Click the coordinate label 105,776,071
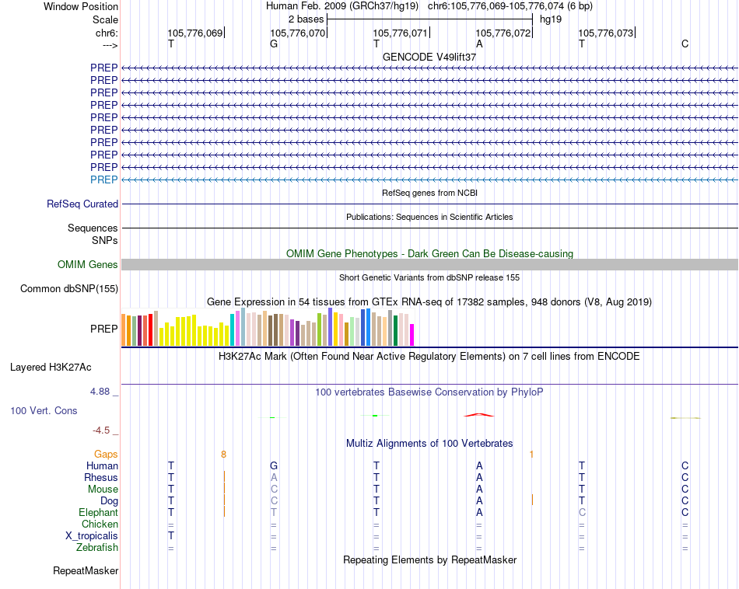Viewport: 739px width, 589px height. pos(401,33)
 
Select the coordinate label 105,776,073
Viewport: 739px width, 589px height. pos(606,33)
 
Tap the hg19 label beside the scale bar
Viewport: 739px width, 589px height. pos(551,19)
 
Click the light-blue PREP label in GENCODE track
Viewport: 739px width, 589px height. pos(104,179)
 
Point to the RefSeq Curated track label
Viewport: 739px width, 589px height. pos(82,204)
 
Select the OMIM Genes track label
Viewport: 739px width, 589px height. pos(88,265)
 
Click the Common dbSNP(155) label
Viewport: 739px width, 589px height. pos(69,289)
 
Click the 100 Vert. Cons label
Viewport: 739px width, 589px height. pos(44,410)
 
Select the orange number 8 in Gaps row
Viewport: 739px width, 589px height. pos(223,454)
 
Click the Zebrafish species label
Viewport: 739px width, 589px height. pos(97,548)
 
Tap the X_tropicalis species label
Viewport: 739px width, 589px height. pos(92,536)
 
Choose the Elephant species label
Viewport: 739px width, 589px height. pos(98,513)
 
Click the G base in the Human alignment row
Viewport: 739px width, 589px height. pos(274,465)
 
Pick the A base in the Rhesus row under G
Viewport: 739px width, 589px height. pos(274,477)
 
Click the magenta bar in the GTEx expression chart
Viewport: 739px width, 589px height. pos(412,335)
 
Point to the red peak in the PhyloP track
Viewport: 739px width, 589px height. pos(479,414)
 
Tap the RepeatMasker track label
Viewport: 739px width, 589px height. pos(86,571)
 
